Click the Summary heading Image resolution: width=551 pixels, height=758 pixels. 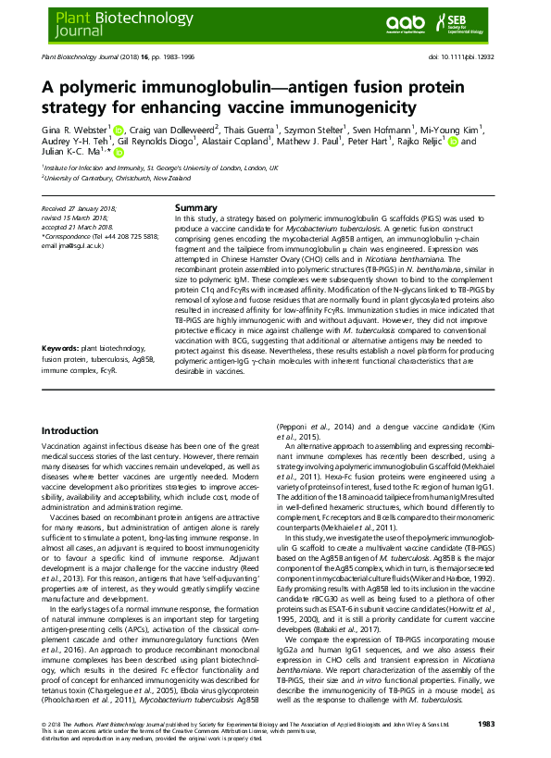tap(195, 208)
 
